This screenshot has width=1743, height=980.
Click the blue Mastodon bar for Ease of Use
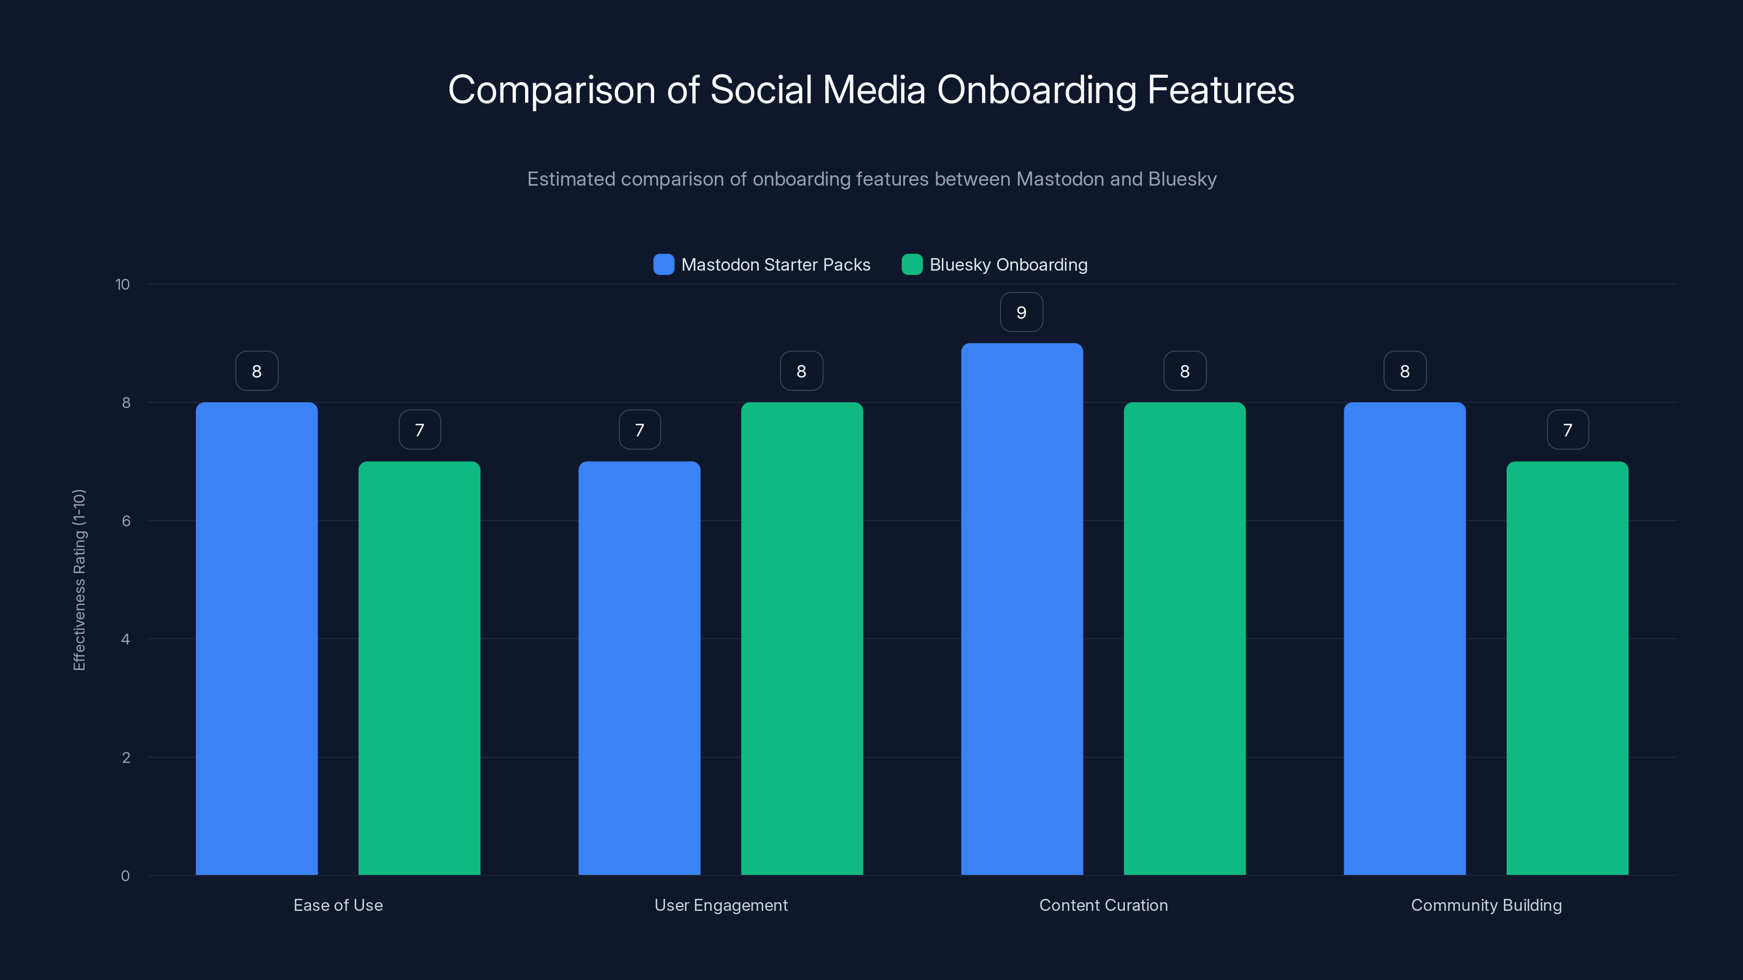point(257,639)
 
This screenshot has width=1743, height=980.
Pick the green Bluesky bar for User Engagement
point(802,639)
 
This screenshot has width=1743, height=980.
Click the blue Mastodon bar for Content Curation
point(1022,609)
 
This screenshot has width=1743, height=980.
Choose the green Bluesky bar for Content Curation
point(1184,639)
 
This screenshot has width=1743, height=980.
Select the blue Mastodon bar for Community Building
point(1405,639)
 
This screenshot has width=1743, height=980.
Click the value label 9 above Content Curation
point(1022,313)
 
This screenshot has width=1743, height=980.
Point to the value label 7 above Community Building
point(1568,430)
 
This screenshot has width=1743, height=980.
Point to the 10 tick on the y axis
point(123,285)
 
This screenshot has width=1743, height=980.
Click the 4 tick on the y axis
point(126,639)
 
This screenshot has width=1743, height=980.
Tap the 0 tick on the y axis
point(126,876)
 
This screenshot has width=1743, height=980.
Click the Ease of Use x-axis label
point(338,905)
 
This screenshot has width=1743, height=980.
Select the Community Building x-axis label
point(1486,905)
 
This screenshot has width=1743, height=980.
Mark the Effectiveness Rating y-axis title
point(79,580)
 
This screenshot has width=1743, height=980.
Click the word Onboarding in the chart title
point(1036,90)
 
